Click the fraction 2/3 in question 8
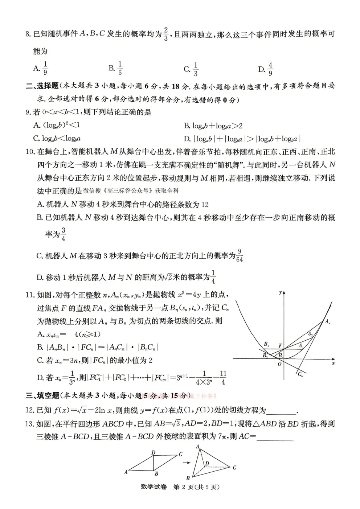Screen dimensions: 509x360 (x=166, y=34)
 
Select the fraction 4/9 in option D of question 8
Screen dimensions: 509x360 (x=270, y=69)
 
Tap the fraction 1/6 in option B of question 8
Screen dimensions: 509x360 (x=120, y=68)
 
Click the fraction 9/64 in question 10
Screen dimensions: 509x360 (x=240, y=256)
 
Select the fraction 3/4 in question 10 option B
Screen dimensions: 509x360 (x=64, y=234)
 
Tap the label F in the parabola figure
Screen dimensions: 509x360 (x=280, y=346)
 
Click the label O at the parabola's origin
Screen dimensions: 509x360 (x=279, y=364)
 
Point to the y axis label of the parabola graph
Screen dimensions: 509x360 (x=280, y=292)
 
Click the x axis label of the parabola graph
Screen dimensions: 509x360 (x=333, y=363)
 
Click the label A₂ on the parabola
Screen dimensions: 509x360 (x=310, y=334)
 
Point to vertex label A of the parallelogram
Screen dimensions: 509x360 (x=126, y=472)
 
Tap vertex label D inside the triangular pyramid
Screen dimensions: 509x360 (x=207, y=463)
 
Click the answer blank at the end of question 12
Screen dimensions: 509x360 (x=282, y=411)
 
